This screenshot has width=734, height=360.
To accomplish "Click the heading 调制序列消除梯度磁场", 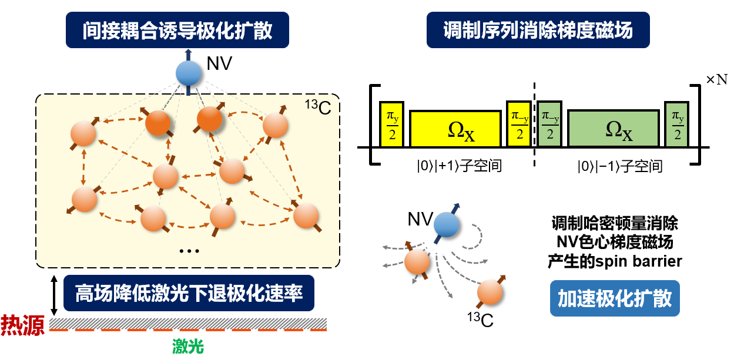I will (538, 30).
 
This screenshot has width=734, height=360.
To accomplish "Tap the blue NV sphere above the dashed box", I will (189, 73).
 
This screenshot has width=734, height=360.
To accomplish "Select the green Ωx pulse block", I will (613, 129).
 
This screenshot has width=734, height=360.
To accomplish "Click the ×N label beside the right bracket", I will (716, 80).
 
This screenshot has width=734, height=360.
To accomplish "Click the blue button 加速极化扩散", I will (615, 299).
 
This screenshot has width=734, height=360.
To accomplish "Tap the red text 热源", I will (23, 325).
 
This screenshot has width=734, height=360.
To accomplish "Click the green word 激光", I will (187, 347).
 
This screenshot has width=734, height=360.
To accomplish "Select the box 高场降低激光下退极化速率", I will (189, 292).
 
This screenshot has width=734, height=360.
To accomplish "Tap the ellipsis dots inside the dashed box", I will (189, 251).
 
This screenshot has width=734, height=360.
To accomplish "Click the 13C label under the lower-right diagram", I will (480, 321).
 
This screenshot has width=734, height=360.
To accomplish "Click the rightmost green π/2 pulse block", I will (678, 124).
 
